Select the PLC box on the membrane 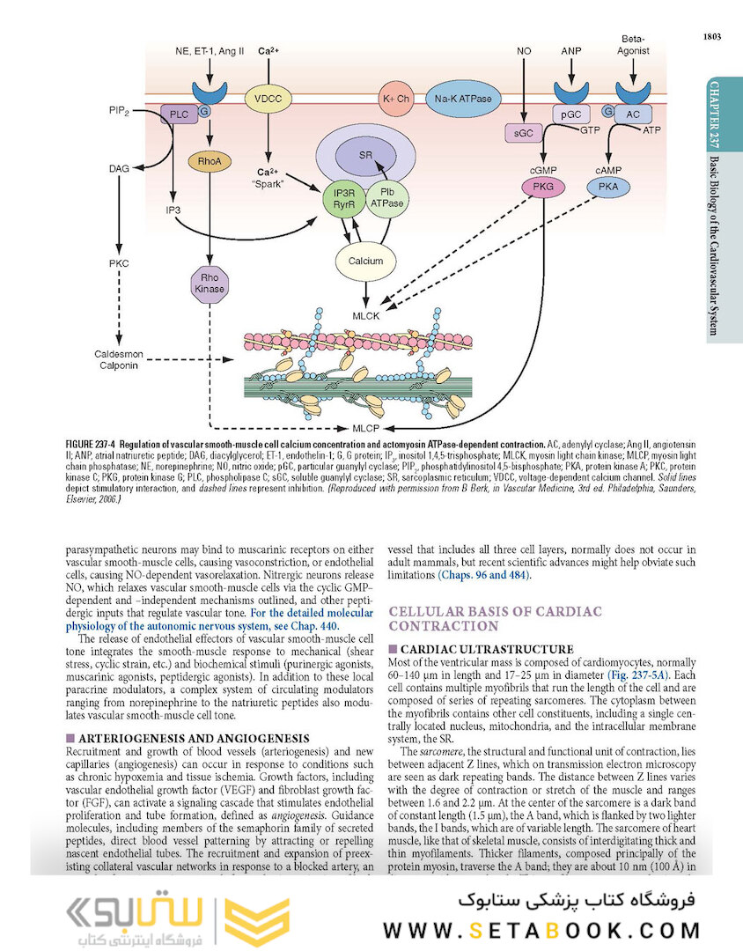(x=180, y=114)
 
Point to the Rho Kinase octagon (x=210, y=283)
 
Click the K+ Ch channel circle (x=396, y=100)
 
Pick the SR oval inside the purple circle (x=365, y=154)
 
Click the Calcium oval (x=365, y=261)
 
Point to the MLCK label (x=366, y=314)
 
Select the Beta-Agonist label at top (x=635, y=45)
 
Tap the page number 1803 (x=712, y=36)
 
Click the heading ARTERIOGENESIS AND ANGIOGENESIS (x=193, y=737)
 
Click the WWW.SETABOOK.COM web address (x=541, y=929)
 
